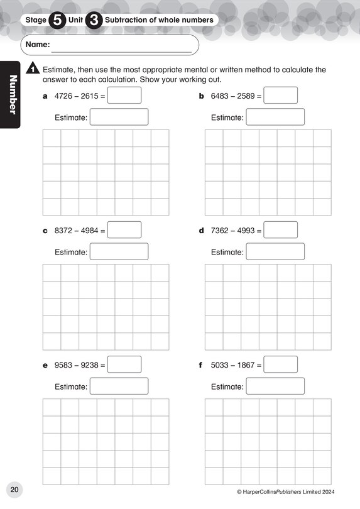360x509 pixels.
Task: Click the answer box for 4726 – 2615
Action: tap(125, 96)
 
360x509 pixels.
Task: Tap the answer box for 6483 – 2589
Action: tap(280, 96)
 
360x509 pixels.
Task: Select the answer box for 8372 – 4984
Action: tap(125, 230)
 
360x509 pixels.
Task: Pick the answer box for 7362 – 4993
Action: tap(280, 230)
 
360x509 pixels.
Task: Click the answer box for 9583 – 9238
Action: tap(125, 364)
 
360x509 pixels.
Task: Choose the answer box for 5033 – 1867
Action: tap(280, 364)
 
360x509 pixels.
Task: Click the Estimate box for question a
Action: tap(119, 117)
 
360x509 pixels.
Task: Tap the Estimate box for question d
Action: tap(275, 251)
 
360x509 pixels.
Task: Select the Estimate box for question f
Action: tap(275, 386)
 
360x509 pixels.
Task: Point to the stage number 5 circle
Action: tap(57, 20)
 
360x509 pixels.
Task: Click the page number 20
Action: tap(14, 490)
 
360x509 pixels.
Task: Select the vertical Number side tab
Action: tap(11, 94)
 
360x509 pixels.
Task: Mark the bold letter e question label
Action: tap(45, 365)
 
